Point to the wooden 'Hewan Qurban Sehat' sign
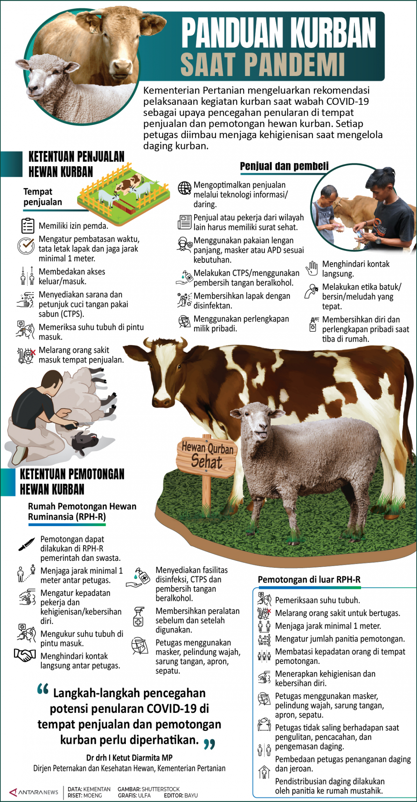pyautogui.click(x=207, y=457)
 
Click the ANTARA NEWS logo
pyautogui.click(x=34, y=792)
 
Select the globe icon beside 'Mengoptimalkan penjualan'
pyautogui.click(x=184, y=188)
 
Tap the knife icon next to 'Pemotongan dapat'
pyautogui.click(x=26, y=544)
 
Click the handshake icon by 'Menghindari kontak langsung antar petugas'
pyautogui.click(x=25, y=655)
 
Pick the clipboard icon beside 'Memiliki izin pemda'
pyautogui.click(x=27, y=226)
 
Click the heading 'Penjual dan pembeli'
pyautogui.click(x=284, y=166)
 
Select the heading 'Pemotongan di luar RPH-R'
pyautogui.click(x=309, y=579)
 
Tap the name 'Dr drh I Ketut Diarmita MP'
pyautogui.click(x=129, y=757)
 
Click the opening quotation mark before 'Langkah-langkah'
pyautogui.click(x=43, y=689)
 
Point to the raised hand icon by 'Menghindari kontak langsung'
pyautogui.click(x=312, y=268)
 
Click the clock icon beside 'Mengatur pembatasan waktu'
pyautogui.click(x=26, y=246)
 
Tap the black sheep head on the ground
pyautogui.click(x=85, y=441)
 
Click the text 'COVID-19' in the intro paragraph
pyautogui.click(x=347, y=101)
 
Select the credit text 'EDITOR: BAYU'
pyautogui.click(x=181, y=795)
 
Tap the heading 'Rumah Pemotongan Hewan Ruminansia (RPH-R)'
pyautogui.click(x=82, y=512)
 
